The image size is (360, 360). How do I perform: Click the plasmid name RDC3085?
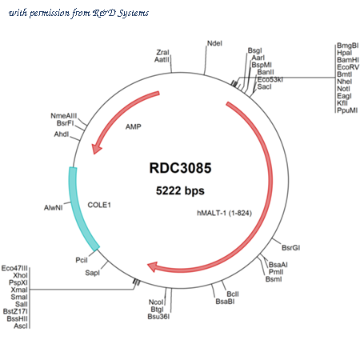(x=180, y=168)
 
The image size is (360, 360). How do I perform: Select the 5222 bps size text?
(x=180, y=190)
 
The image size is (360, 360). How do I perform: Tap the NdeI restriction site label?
(x=214, y=43)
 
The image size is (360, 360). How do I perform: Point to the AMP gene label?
(x=134, y=126)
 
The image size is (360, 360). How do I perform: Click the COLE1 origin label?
(x=99, y=205)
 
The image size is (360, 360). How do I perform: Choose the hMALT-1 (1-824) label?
(x=224, y=213)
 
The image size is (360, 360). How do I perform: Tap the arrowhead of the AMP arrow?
(x=96, y=148)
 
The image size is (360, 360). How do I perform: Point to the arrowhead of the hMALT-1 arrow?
(x=153, y=266)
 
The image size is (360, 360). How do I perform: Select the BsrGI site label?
(x=291, y=248)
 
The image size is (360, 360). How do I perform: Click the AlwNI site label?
(x=54, y=207)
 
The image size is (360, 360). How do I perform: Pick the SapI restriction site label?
(x=92, y=273)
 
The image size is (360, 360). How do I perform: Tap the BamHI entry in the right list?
(x=348, y=60)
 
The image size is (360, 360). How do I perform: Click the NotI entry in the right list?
(x=344, y=89)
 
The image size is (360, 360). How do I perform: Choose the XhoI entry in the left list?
(x=20, y=275)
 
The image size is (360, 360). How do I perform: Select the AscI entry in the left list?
(x=21, y=326)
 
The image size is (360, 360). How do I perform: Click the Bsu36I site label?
(x=158, y=317)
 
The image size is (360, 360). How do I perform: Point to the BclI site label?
(x=233, y=294)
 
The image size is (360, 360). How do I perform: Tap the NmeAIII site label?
(x=64, y=116)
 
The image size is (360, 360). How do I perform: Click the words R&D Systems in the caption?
(x=121, y=13)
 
